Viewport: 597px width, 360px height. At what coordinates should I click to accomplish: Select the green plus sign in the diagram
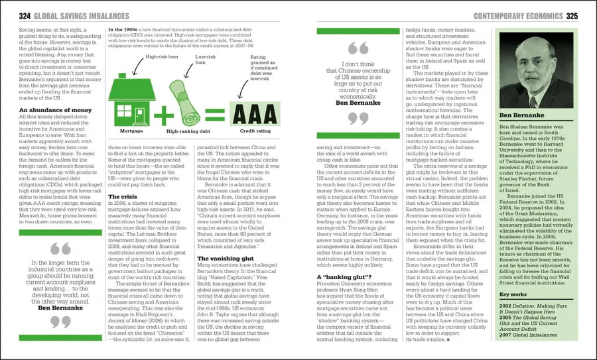(162, 111)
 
